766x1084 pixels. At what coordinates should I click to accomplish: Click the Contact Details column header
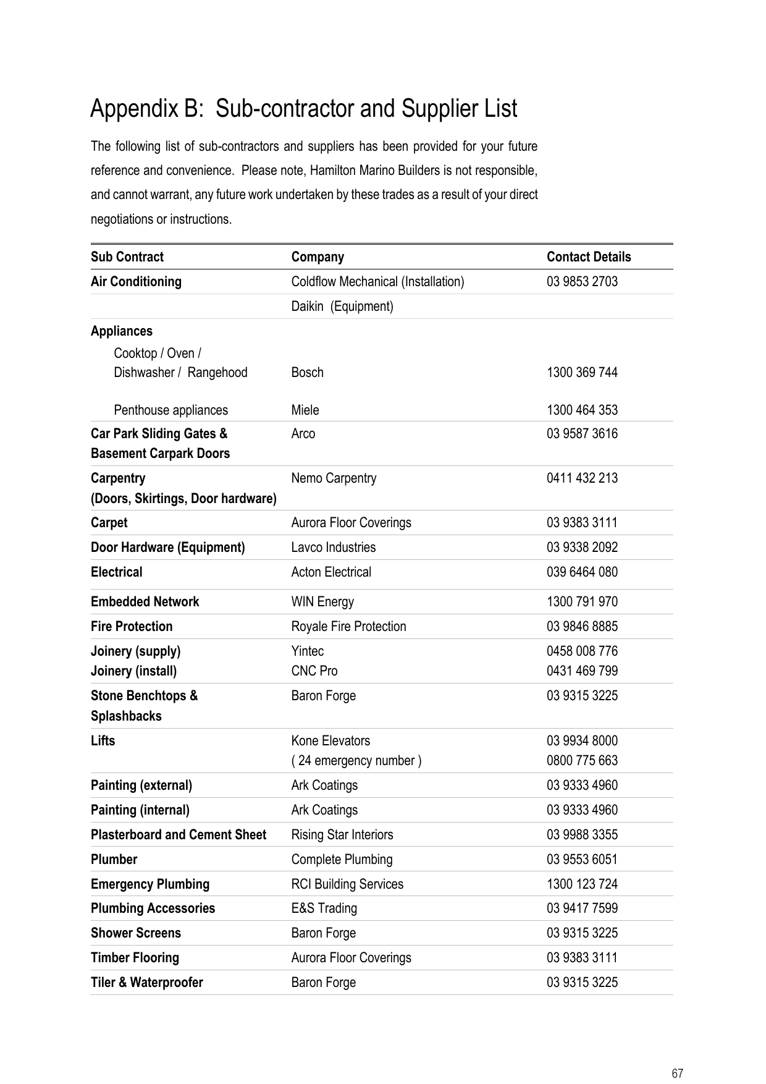(x=588, y=257)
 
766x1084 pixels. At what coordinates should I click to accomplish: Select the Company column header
(x=318, y=257)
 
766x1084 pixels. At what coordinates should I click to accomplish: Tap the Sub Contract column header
(x=127, y=257)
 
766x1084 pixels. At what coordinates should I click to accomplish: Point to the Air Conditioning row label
(x=136, y=282)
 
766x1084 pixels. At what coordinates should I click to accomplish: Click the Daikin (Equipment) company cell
(x=342, y=307)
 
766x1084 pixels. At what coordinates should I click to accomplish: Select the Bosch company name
(x=307, y=373)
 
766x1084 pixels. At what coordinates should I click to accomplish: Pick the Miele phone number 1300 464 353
(x=582, y=410)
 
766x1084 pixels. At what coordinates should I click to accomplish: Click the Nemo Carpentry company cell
(x=334, y=478)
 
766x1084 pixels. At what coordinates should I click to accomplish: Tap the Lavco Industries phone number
(x=582, y=548)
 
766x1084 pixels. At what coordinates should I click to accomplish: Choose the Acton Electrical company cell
(x=331, y=572)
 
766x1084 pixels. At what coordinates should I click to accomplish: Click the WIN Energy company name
(x=322, y=602)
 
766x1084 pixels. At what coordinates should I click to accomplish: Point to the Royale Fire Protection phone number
(x=582, y=627)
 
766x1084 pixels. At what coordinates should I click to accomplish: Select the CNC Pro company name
(x=314, y=671)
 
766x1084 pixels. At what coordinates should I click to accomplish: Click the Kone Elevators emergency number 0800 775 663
(x=582, y=761)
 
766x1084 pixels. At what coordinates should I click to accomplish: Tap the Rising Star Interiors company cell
(x=342, y=835)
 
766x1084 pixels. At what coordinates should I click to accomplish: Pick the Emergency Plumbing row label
(x=150, y=884)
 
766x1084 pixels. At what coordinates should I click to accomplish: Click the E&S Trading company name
(x=324, y=908)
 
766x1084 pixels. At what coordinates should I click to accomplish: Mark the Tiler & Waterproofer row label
(x=146, y=983)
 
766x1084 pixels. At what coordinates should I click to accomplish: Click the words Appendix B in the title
(x=146, y=109)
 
